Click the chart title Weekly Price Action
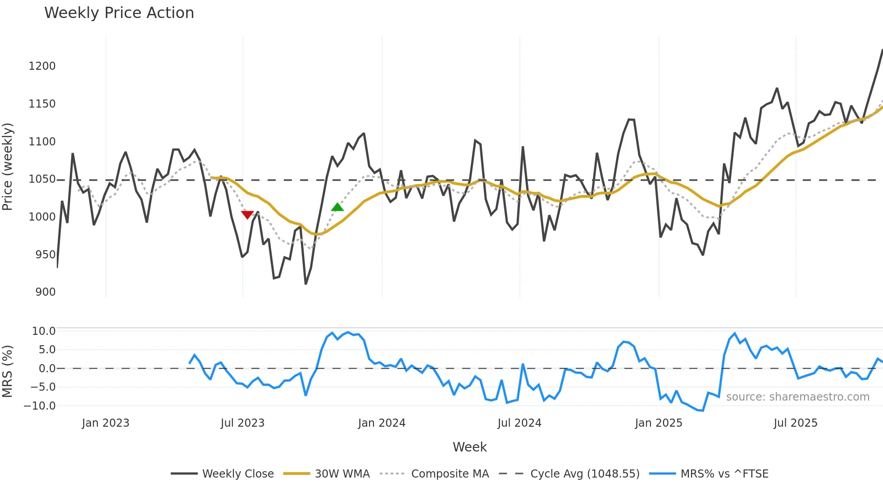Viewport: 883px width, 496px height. (119, 13)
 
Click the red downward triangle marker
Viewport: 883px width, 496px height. (247, 215)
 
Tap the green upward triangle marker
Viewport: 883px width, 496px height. (337, 207)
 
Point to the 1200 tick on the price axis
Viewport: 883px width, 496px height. (42, 66)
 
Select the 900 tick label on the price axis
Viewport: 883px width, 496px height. (46, 292)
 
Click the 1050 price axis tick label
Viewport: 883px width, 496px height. (42, 179)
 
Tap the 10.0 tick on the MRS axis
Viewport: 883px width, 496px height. (44, 331)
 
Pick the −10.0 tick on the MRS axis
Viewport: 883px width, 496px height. (40, 406)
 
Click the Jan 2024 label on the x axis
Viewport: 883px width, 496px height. (382, 423)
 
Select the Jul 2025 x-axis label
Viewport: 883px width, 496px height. (795, 423)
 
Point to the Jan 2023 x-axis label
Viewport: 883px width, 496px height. (105, 423)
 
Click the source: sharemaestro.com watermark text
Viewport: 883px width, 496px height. (797, 397)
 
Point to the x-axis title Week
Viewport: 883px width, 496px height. (469, 447)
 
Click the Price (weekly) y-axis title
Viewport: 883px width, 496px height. (7, 167)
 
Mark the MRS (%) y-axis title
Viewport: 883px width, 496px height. (7, 371)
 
